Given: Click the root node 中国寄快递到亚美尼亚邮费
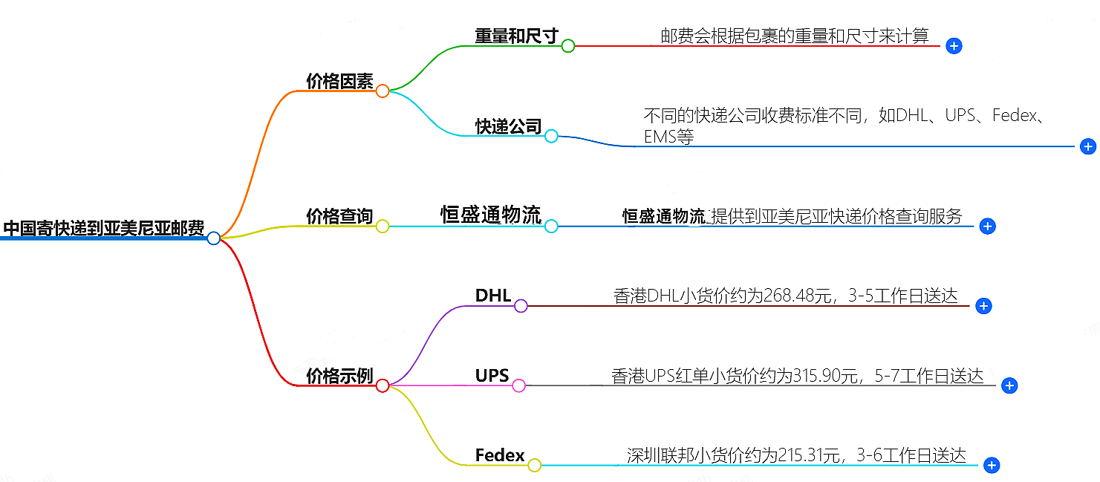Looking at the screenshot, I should click(103, 228).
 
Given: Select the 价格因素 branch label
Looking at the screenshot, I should click(339, 82).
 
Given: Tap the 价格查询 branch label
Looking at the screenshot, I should click(339, 216).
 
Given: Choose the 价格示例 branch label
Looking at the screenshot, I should click(339, 376).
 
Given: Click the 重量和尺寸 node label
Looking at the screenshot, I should click(516, 36).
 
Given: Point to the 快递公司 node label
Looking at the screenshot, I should click(509, 126).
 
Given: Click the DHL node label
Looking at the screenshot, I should click(493, 296).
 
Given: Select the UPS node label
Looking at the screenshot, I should click(492, 376).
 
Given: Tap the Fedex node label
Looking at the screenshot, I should click(500, 455).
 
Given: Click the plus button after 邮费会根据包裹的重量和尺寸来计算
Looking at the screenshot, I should click(954, 46).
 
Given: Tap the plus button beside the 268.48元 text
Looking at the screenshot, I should click(983, 306).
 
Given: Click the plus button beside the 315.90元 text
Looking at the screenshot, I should click(1009, 385).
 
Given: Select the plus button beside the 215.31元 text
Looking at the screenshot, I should click(991, 466).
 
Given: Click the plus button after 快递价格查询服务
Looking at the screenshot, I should click(987, 227).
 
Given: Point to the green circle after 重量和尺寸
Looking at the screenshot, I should click(568, 46).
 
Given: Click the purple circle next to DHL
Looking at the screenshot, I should click(521, 306).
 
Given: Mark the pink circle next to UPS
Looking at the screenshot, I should click(518, 385).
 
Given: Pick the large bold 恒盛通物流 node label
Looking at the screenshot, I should click(491, 215).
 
